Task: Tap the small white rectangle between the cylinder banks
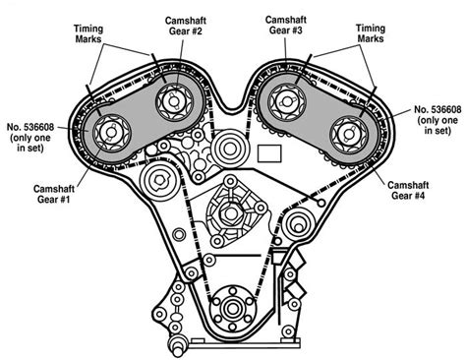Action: [x=267, y=152]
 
